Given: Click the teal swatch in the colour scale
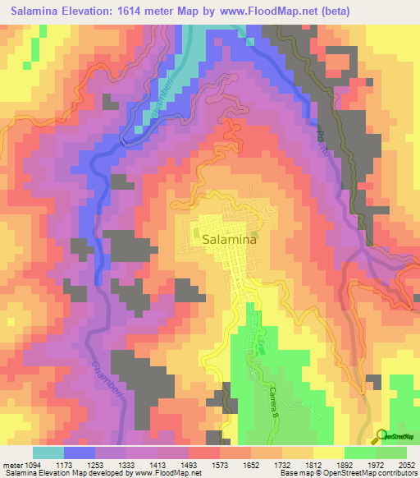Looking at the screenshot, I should coord(48,453).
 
